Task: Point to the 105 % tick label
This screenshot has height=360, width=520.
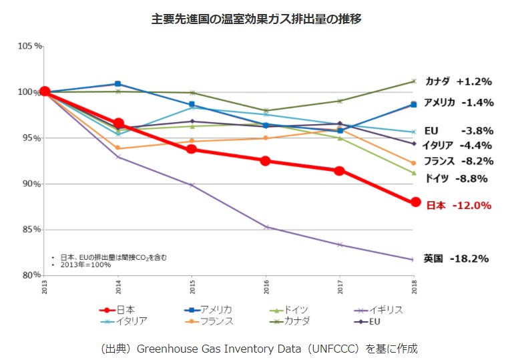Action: (30, 46)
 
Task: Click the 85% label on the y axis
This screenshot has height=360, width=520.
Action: (32, 230)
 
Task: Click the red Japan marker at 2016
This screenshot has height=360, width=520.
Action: (266, 161)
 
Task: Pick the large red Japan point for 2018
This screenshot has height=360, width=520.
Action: (415, 202)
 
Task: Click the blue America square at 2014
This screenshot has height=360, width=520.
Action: (117, 84)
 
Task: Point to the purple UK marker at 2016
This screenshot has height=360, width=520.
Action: (266, 227)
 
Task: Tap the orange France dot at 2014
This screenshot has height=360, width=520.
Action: (117, 148)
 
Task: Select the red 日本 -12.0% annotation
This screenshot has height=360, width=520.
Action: (459, 206)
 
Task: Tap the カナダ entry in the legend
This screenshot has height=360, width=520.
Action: (291, 321)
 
